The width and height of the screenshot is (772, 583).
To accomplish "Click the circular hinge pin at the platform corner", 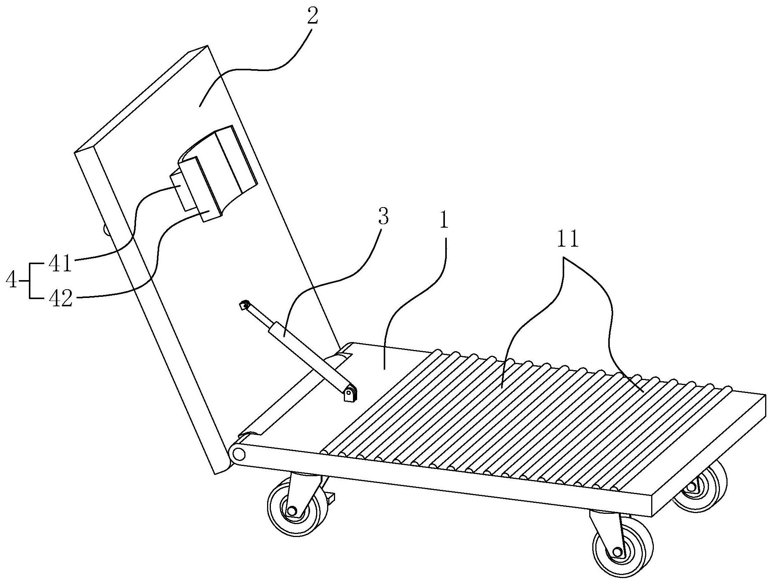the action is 238,453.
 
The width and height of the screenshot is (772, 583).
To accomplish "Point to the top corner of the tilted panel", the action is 207,46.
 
